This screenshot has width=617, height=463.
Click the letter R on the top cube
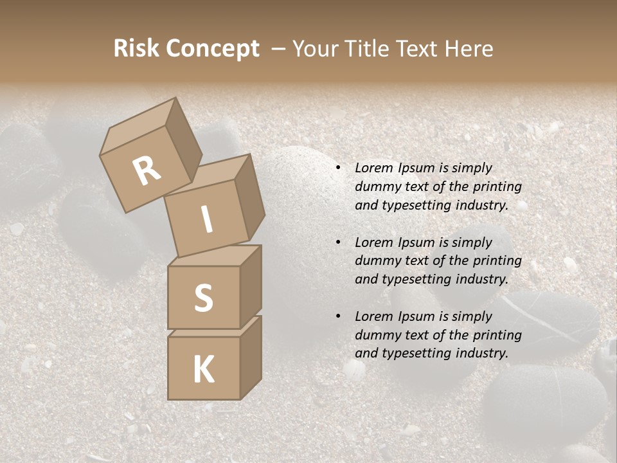[147, 171]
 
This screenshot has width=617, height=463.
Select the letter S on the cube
[203, 298]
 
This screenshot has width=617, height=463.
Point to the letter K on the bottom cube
[203, 370]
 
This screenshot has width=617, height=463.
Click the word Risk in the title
[136, 49]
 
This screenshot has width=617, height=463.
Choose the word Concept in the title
[211, 49]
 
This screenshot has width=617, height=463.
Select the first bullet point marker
[338, 168]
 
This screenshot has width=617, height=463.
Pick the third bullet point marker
[338, 317]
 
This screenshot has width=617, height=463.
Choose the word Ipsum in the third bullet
[418, 316]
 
